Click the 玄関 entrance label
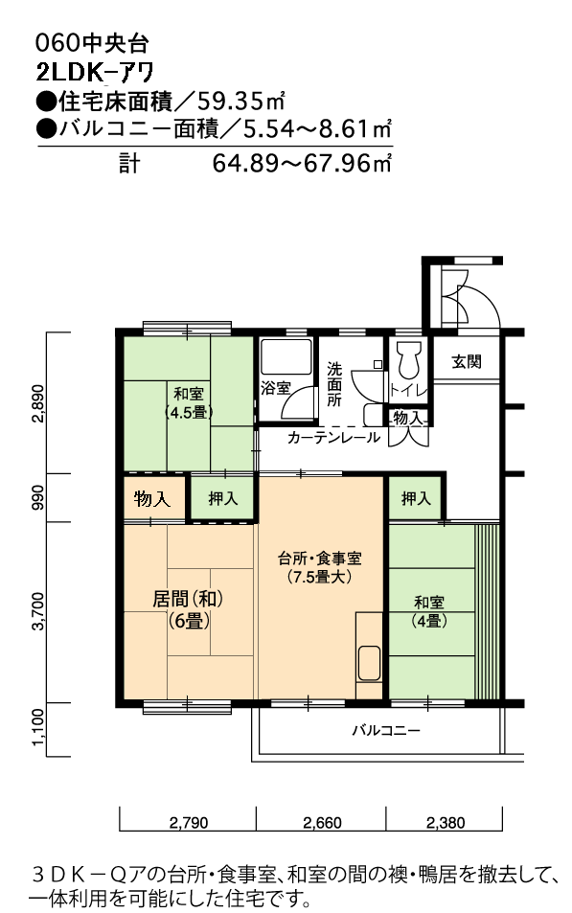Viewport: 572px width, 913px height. click(x=466, y=361)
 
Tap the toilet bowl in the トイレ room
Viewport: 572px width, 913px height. click(x=408, y=359)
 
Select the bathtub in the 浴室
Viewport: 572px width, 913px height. click(x=286, y=357)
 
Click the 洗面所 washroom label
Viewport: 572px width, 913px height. click(x=333, y=384)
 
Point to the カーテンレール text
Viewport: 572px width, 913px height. click(x=332, y=437)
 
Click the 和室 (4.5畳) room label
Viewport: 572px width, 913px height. click(x=189, y=403)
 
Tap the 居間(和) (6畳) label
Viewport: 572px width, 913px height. click(x=188, y=609)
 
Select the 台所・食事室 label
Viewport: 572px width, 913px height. click(x=319, y=567)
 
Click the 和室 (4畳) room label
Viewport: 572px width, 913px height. click(x=429, y=611)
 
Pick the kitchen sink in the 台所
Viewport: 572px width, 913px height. click(x=369, y=663)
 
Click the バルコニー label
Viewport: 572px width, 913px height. click(x=385, y=730)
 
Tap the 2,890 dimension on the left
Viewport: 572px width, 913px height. click(x=38, y=403)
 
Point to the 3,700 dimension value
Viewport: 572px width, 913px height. click(x=38, y=611)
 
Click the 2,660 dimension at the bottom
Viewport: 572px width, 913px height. click(x=322, y=823)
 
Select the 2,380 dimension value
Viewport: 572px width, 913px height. click(x=446, y=823)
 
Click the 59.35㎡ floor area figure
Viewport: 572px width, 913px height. click(x=240, y=102)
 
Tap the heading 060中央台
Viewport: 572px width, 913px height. click(x=92, y=44)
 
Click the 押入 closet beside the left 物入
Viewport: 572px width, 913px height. click(x=223, y=498)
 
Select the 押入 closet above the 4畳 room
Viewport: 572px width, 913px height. click(x=416, y=498)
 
